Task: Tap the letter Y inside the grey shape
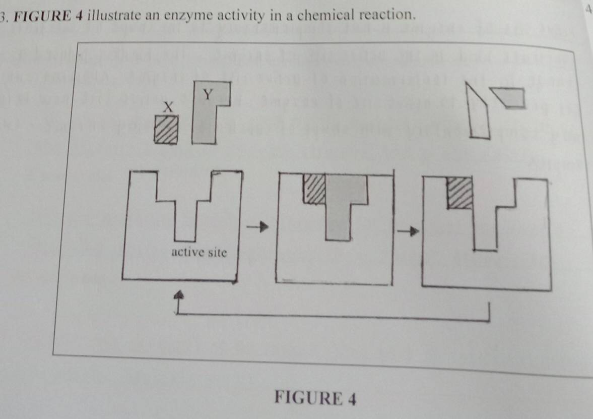[207, 94]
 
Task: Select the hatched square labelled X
[166, 130]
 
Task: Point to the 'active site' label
[199, 252]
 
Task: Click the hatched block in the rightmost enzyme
[460, 193]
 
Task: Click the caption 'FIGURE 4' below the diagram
[316, 399]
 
